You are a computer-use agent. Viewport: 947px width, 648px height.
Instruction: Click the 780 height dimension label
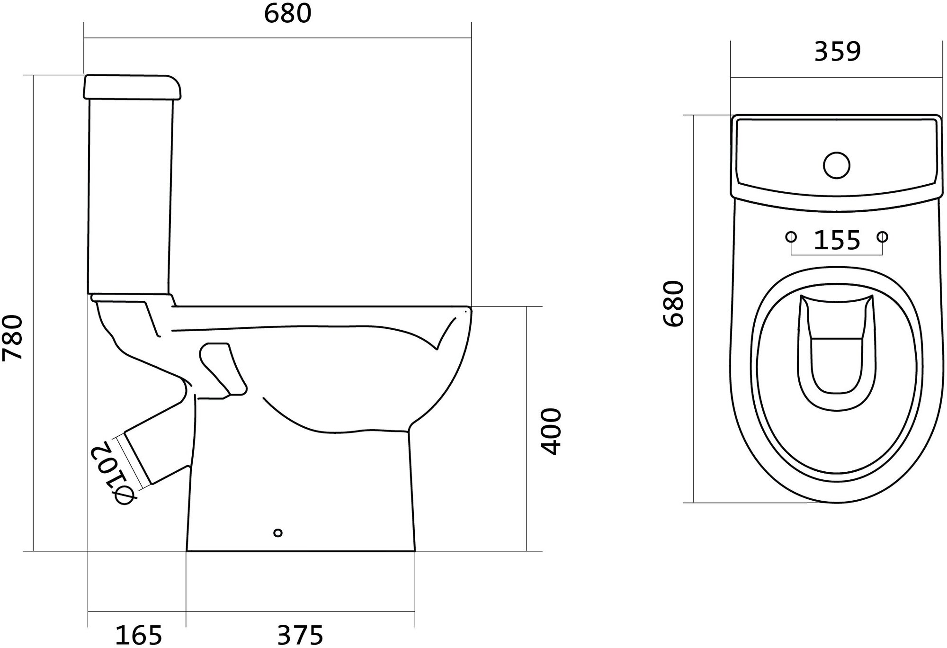point(13,337)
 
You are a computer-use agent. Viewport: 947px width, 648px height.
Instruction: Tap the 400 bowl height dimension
point(551,431)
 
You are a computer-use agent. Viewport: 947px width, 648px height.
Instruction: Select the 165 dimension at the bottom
point(139,635)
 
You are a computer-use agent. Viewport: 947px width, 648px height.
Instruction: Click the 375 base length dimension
point(300,635)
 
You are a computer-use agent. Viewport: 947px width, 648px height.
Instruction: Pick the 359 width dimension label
point(837,52)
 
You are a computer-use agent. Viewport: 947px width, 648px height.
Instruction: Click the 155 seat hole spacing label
point(837,240)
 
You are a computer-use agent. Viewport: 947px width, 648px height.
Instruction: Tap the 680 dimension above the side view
point(287,13)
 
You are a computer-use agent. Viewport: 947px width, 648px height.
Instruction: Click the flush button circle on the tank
point(837,165)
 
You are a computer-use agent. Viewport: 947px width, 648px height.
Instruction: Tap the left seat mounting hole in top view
point(791,236)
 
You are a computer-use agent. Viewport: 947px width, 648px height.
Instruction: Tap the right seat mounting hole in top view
point(883,236)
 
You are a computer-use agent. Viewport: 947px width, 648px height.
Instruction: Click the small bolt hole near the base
point(278,533)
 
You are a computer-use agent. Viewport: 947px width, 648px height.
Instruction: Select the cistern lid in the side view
point(133,87)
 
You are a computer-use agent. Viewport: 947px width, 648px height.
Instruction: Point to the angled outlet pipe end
point(137,459)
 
